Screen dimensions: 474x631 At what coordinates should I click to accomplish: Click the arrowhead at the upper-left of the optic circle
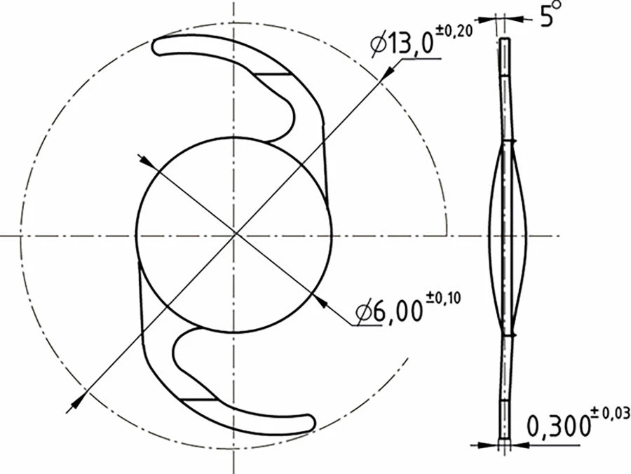coord(146,160)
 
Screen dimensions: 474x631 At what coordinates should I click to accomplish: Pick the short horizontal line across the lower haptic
coord(199,398)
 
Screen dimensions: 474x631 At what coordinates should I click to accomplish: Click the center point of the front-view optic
coord(233,234)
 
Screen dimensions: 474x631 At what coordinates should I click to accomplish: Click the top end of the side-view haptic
coord(506,41)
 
